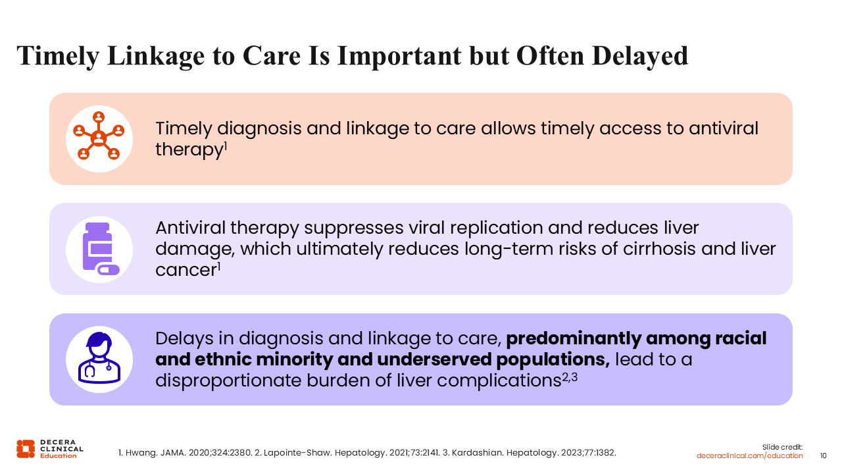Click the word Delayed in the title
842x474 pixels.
pos(640,57)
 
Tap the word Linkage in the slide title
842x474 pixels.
pos(156,57)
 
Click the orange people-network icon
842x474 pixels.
pos(99,136)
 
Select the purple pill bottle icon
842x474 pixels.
pos(101,249)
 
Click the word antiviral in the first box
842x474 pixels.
pos(724,128)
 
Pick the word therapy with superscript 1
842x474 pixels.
pos(191,149)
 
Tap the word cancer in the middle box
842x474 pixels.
pos(187,270)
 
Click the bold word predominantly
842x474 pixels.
pos(574,338)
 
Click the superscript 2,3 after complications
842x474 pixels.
pos(570,377)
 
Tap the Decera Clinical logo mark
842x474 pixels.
pos(26,449)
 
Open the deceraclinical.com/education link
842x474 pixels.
pos(749,456)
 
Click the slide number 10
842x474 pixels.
pos(823,456)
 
